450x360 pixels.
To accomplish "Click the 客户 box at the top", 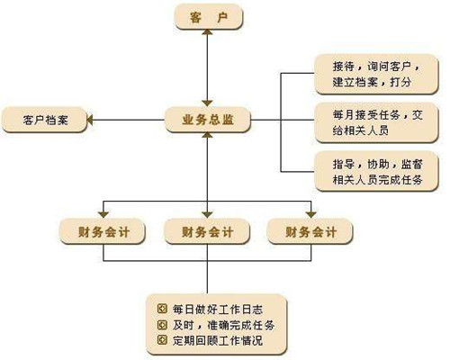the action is point(209,18).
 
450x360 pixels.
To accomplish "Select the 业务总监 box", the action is point(208,120).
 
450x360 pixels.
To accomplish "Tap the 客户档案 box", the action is point(45,120).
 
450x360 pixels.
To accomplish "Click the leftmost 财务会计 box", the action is point(103,231).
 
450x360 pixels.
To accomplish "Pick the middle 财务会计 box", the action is point(207,231).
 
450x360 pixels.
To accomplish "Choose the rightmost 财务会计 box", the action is point(310,231).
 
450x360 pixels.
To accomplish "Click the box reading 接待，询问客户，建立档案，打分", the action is point(376,74).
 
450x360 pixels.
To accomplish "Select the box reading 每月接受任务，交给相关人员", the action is point(376,122).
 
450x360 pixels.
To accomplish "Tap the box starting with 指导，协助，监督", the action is point(376,171).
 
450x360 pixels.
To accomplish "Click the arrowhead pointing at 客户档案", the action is point(90,120).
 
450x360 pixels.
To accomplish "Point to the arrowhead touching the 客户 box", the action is point(207,31).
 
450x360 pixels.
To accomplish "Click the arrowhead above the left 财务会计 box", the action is point(103,215).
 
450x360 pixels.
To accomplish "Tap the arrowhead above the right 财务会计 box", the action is point(311,215).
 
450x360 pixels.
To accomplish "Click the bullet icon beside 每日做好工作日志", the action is point(162,309).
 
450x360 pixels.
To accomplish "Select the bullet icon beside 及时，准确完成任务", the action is point(162,325).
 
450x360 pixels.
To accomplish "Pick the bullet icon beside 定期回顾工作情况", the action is point(162,340).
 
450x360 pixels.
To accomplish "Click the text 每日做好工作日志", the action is point(218,310).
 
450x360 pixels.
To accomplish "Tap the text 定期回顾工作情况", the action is point(218,340).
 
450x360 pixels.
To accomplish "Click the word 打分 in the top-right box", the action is point(400,82).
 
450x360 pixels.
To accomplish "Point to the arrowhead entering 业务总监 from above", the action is point(207,103).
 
